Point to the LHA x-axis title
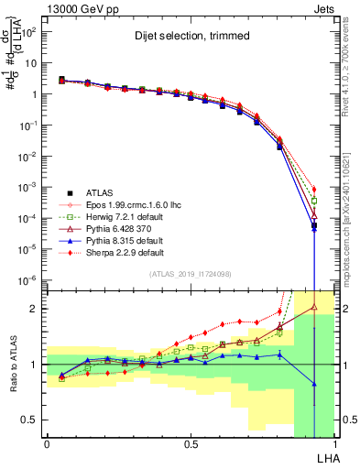click(324, 458)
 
